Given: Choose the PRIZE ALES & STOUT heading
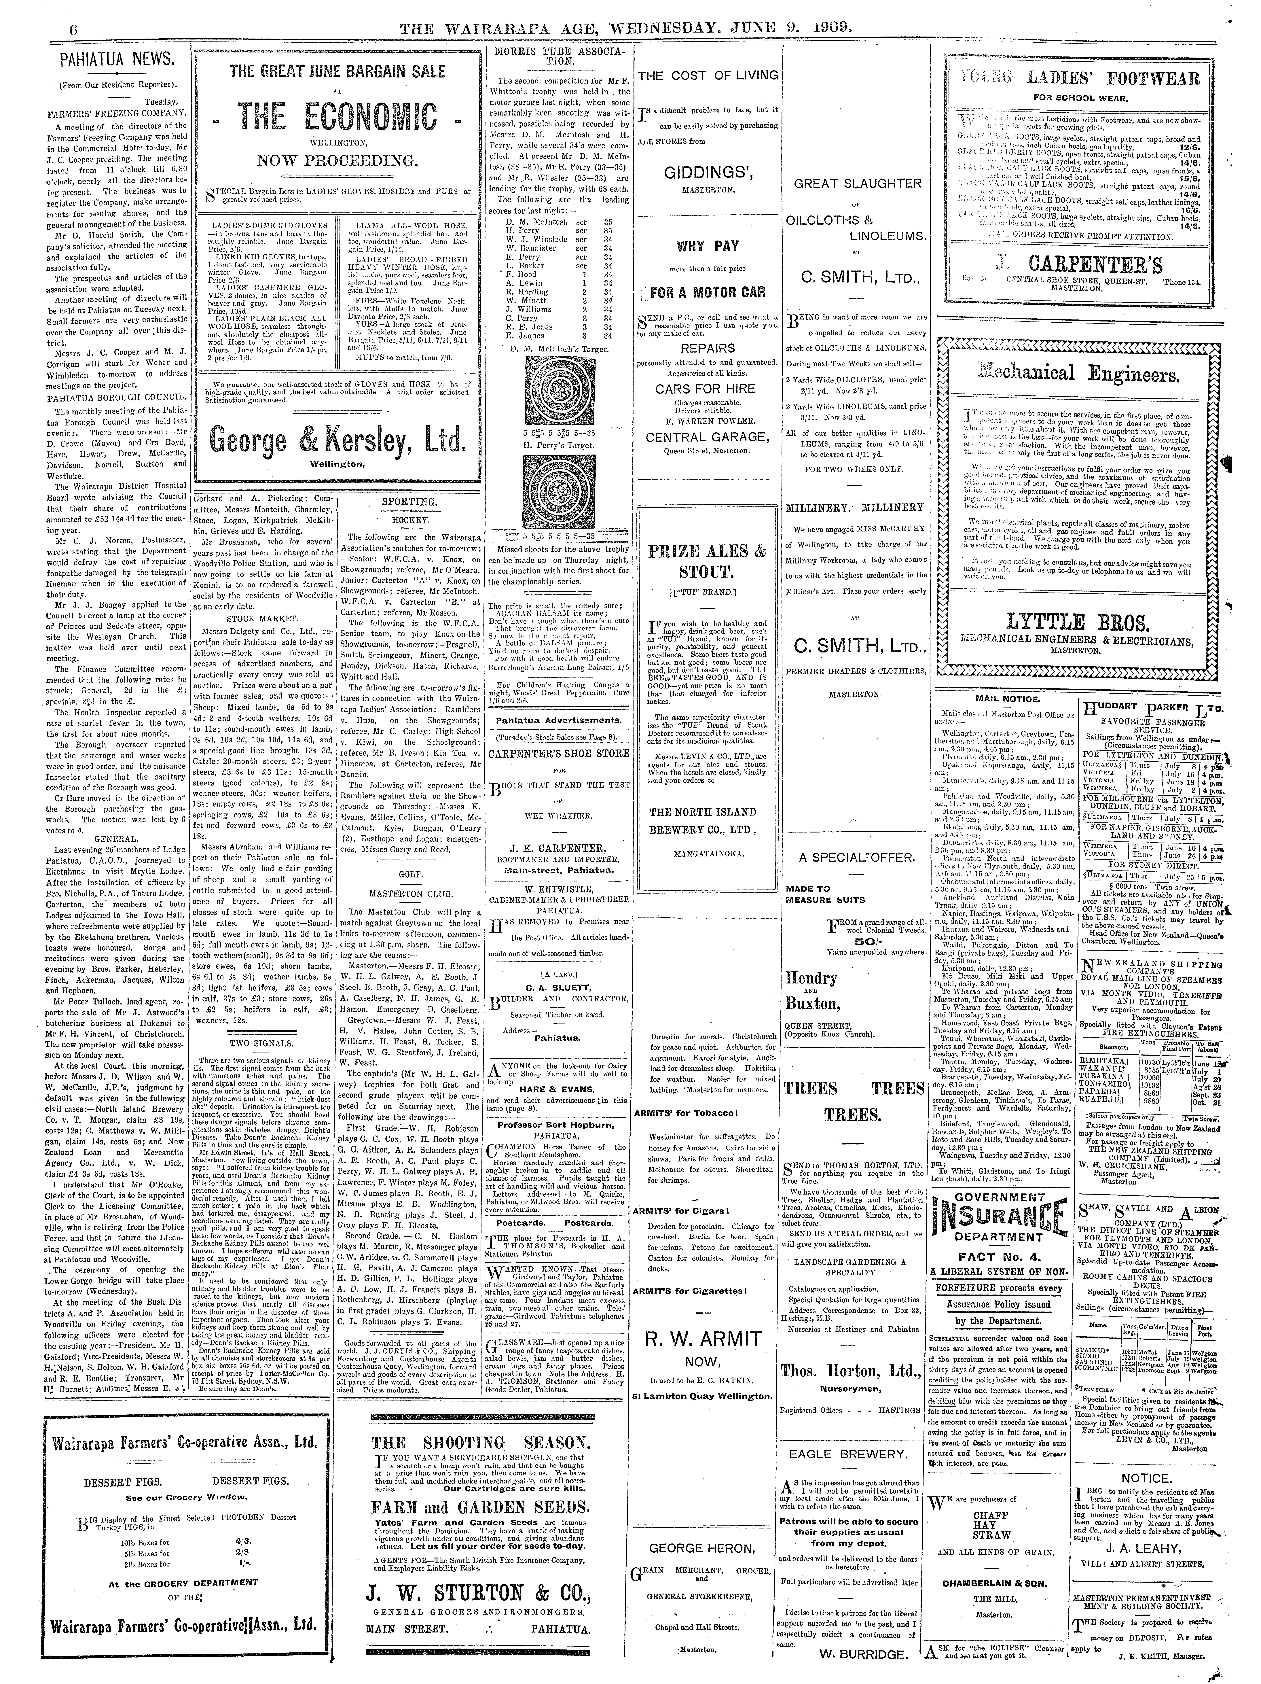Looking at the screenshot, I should point(708,562).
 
